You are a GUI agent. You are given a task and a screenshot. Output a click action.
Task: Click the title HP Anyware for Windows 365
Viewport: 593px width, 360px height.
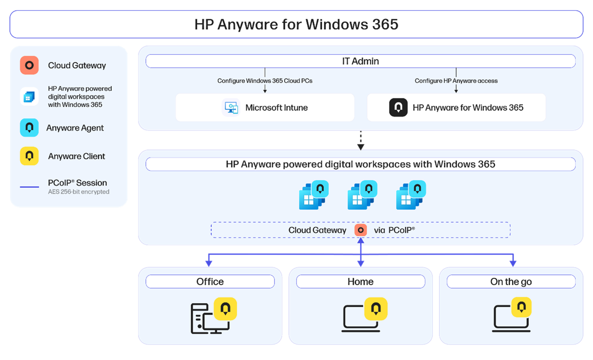pyautogui.click(x=296, y=24)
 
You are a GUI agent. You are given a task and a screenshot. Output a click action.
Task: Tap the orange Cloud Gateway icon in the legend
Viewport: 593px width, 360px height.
pyautogui.click(x=29, y=65)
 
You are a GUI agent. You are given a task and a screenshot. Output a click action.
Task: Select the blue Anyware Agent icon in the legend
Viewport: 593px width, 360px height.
pyautogui.click(x=29, y=128)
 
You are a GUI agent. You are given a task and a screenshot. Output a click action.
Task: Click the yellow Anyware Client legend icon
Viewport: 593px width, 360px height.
pyautogui.click(x=29, y=156)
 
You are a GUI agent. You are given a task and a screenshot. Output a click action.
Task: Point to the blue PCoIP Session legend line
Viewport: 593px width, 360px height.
pyautogui.click(x=29, y=187)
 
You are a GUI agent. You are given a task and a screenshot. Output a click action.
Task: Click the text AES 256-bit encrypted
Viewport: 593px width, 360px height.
pyautogui.click(x=79, y=192)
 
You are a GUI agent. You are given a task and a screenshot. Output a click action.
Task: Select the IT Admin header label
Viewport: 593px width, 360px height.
pyautogui.click(x=360, y=61)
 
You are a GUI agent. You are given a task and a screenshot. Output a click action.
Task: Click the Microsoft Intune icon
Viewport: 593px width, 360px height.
pyautogui.click(x=231, y=108)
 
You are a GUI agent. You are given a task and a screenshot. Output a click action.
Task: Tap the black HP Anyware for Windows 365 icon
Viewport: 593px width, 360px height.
pyautogui.click(x=398, y=108)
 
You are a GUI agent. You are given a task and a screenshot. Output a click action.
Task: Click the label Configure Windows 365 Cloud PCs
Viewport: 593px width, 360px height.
pyautogui.click(x=265, y=81)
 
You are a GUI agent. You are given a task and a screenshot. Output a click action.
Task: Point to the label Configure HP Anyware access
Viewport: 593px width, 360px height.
pyautogui.click(x=456, y=81)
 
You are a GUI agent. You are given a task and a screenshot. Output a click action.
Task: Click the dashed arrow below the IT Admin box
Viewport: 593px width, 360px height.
pyautogui.click(x=360, y=139)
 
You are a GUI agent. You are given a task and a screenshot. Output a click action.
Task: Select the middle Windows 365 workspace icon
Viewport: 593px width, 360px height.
pyautogui.click(x=362, y=195)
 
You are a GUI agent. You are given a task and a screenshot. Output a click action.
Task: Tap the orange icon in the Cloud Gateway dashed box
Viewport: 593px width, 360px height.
pyautogui.click(x=361, y=230)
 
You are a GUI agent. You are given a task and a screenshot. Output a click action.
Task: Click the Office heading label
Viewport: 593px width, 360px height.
pyautogui.click(x=210, y=281)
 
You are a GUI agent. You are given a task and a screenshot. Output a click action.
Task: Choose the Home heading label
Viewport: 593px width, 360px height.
pyautogui.click(x=360, y=281)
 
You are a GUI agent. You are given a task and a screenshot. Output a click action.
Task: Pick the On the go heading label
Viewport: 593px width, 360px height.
pyautogui.click(x=511, y=281)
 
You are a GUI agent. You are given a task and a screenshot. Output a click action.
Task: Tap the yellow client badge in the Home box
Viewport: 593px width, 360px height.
pyautogui.click(x=376, y=309)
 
